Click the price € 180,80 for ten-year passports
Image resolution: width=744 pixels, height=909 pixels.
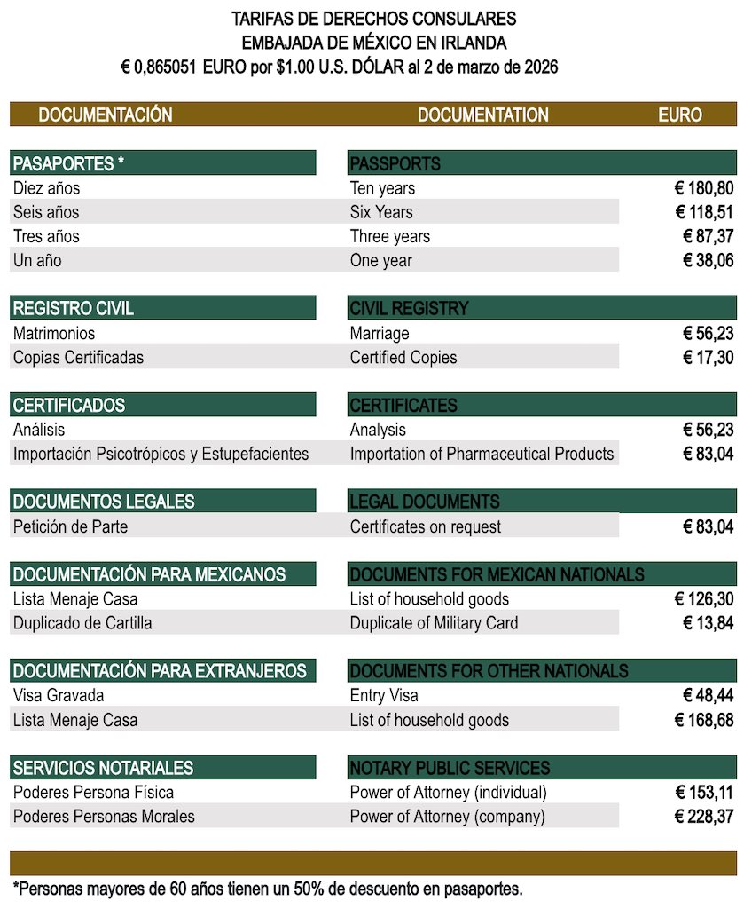[x=704, y=188]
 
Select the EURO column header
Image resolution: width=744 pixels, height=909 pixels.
[x=679, y=115]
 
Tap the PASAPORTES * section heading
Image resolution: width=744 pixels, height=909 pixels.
[x=69, y=163]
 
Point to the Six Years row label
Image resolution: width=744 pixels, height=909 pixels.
[x=381, y=212]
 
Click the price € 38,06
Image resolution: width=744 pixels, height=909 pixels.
[x=709, y=260]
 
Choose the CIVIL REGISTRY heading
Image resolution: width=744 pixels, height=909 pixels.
[x=409, y=309]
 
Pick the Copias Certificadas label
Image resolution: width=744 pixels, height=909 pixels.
[x=78, y=358]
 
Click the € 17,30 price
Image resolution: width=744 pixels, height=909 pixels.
[x=709, y=358]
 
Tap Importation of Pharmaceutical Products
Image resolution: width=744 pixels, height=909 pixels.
[x=482, y=454]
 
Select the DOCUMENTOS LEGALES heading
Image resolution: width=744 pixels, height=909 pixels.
[x=104, y=502]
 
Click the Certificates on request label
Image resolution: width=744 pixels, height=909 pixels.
[x=425, y=526]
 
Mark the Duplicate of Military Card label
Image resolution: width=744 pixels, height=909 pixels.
[x=434, y=623]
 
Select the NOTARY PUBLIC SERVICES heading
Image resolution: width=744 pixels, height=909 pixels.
[x=450, y=768]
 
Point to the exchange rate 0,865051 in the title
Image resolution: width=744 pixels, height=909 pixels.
[x=167, y=67]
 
